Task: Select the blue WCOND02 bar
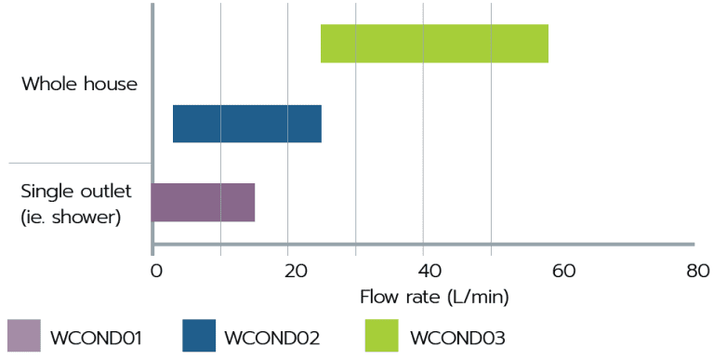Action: tap(246, 124)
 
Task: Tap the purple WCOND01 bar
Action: tap(203, 202)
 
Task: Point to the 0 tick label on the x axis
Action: tap(156, 271)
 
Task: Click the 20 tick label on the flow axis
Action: tap(292, 271)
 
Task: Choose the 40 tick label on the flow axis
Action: tap(428, 271)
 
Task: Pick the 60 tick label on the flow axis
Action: tap(563, 271)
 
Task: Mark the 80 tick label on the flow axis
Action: tap(698, 271)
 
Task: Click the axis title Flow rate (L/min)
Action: tap(434, 298)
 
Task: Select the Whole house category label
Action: tap(79, 84)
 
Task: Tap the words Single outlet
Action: tap(76, 192)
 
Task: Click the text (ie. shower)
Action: tap(72, 217)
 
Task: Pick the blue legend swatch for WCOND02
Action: tap(199, 336)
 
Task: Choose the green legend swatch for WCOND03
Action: tap(382, 336)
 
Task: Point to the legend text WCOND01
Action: tap(96, 338)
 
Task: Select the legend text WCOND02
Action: tap(272, 338)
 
